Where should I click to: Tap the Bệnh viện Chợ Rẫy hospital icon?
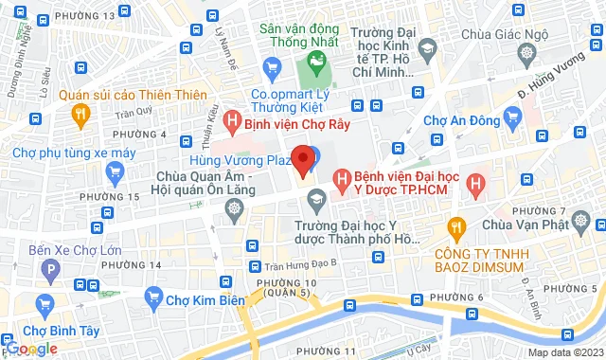click(x=231, y=120)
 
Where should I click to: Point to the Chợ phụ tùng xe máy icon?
click(x=116, y=171)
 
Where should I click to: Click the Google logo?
click(x=30, y=348)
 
